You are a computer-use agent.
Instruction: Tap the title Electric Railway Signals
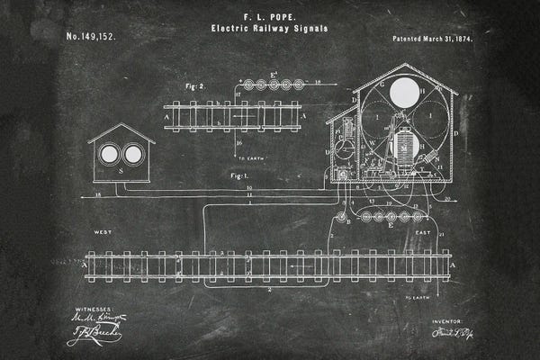point(269,28)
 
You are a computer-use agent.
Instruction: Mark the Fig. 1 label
point(239,171)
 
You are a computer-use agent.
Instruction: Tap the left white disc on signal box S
point(109,154)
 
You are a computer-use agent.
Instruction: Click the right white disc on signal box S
point(132,154)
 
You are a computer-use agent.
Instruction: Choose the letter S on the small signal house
point(121,170)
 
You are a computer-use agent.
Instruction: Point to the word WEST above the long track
point(103,233)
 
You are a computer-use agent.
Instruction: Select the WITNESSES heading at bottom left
point(91,307)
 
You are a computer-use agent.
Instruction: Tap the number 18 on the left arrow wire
point(96,195)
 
